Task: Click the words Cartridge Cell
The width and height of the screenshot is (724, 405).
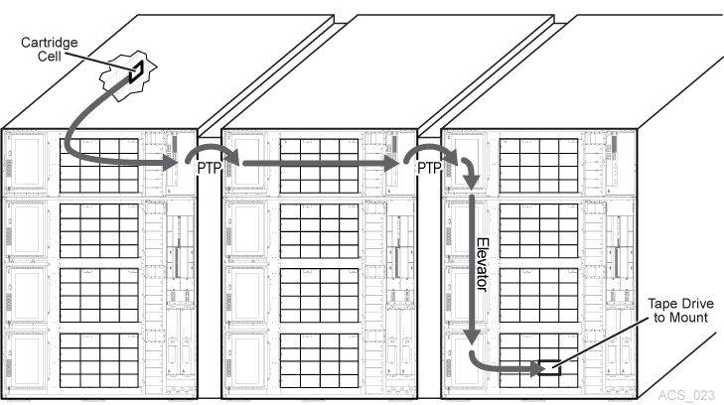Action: [x=49, y=50]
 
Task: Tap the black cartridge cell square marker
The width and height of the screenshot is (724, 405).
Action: [x=136, y=71]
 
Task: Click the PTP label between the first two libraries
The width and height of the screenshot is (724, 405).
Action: [x=210, y=168]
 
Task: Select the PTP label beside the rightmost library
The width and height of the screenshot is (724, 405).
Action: [x=429, y=168]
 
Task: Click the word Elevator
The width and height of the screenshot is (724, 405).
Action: [x=482, y=264]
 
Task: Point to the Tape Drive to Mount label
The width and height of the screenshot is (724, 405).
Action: [x=680, y=311]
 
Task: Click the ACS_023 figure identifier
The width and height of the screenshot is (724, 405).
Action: [x=686, y=395]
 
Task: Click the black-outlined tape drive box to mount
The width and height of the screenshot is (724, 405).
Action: [x=549, y=367]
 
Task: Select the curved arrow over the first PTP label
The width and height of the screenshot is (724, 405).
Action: [x=212, y=148]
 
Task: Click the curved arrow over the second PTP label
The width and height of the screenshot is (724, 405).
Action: [x=431, y=148]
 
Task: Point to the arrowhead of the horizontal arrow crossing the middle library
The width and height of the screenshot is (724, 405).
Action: [x=391, y=163]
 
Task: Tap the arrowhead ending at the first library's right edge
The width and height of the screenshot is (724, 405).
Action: [x=170, y=163]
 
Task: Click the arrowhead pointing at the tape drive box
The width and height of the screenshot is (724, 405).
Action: [x=537, y=368]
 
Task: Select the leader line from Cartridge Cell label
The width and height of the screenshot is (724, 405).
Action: [x=97, y=62]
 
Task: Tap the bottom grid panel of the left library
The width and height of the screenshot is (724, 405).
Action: [x=98, y=360]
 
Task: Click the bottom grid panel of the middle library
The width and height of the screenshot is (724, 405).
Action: [x=319, y=360]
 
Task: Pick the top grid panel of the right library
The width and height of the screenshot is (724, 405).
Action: [x=538, y=166]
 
